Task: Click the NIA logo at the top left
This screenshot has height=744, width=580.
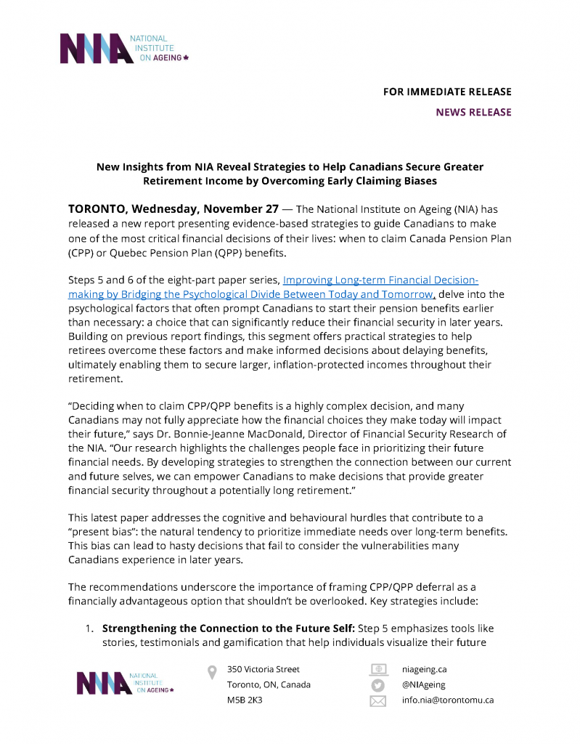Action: pos(123,48)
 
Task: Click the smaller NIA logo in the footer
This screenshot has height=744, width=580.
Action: pos(126,684)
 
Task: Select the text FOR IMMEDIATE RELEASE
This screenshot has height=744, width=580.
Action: pos(447,92)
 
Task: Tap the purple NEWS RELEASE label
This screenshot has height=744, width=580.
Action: pos(473,112)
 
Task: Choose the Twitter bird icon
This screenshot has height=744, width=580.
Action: pos(378,685)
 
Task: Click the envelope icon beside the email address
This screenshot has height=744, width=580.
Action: pos(378,701)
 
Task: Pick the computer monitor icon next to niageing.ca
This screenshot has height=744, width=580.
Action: pos(378,669)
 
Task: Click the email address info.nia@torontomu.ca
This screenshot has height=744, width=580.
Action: pos(447,700)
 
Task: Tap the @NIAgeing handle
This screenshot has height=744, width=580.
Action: pos(423,684)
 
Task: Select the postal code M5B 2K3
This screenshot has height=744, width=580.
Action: pos(245,700)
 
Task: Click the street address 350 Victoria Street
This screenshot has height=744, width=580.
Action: pos(263,669)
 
